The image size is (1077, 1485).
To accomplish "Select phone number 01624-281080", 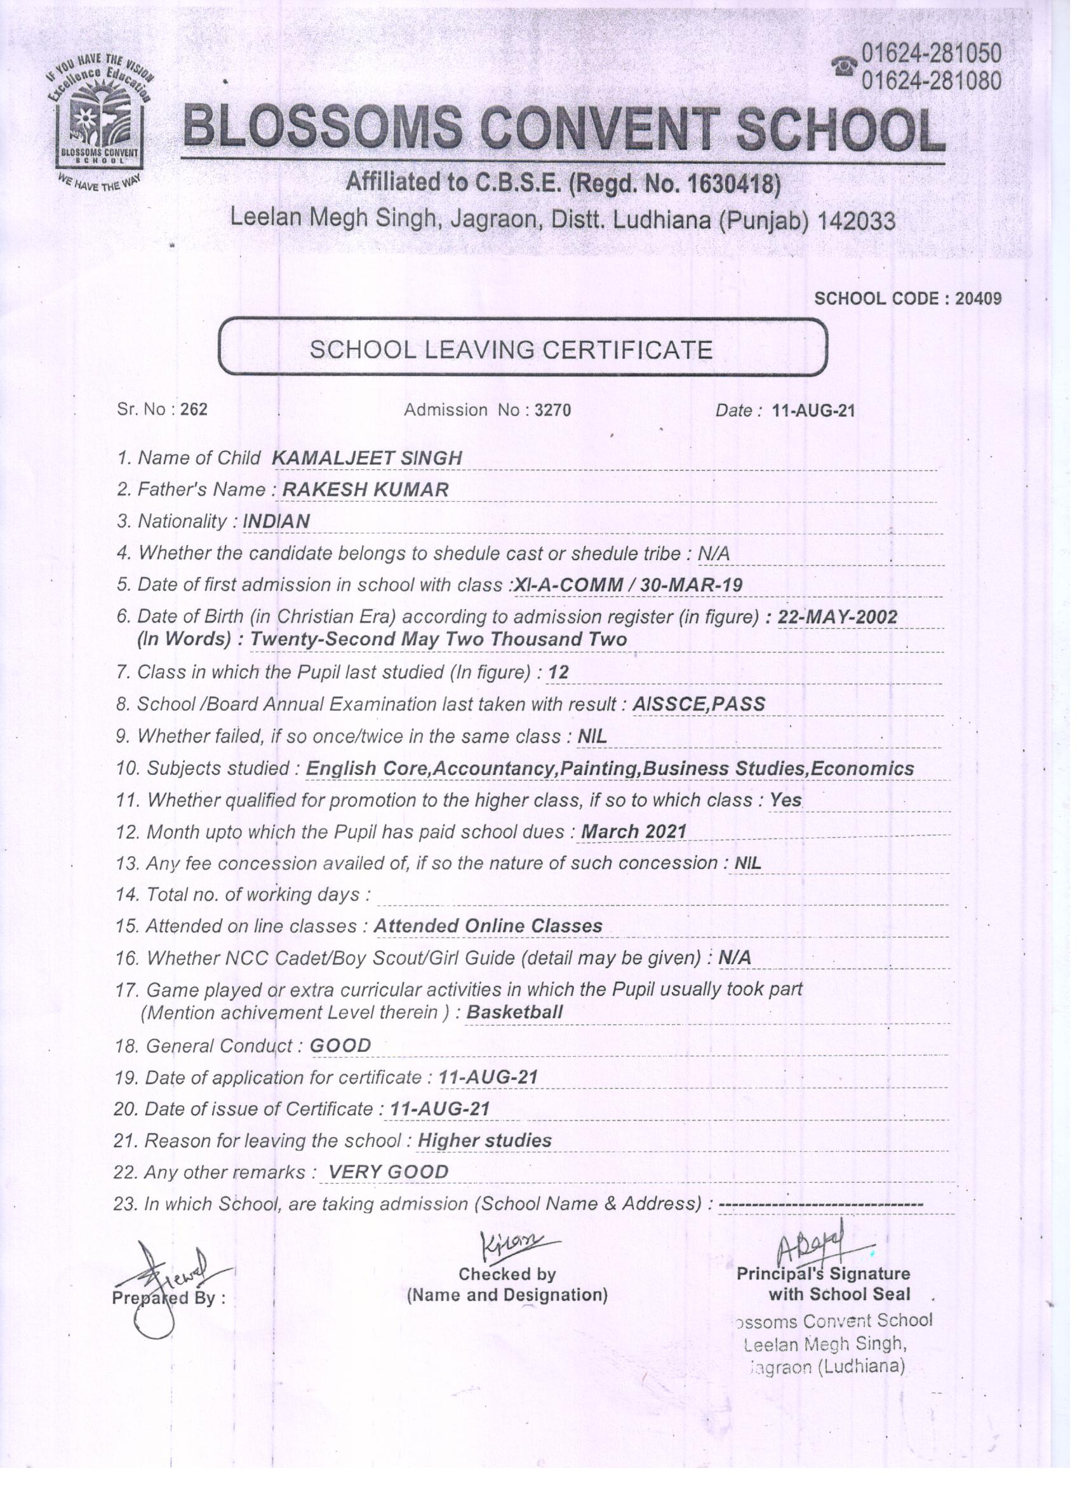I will pos(931,81).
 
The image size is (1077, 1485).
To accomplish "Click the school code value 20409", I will pos(978,299).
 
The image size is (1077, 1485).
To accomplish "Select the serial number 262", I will pos(194,410).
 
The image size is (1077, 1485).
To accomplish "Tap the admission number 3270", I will pos(553,410).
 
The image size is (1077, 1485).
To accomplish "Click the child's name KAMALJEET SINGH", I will pos(366,458).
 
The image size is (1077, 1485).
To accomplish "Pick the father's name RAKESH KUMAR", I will pos(365,490).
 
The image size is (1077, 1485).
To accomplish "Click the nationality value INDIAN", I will pos(276,522).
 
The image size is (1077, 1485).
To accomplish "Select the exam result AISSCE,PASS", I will pos(699,704).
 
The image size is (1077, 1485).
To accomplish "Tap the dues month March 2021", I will pos(634,831).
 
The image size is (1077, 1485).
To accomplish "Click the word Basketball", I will pos(514,1012).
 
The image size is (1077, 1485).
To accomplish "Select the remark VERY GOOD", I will pos(388,1172).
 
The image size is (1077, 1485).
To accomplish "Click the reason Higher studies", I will pos(485,1141).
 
